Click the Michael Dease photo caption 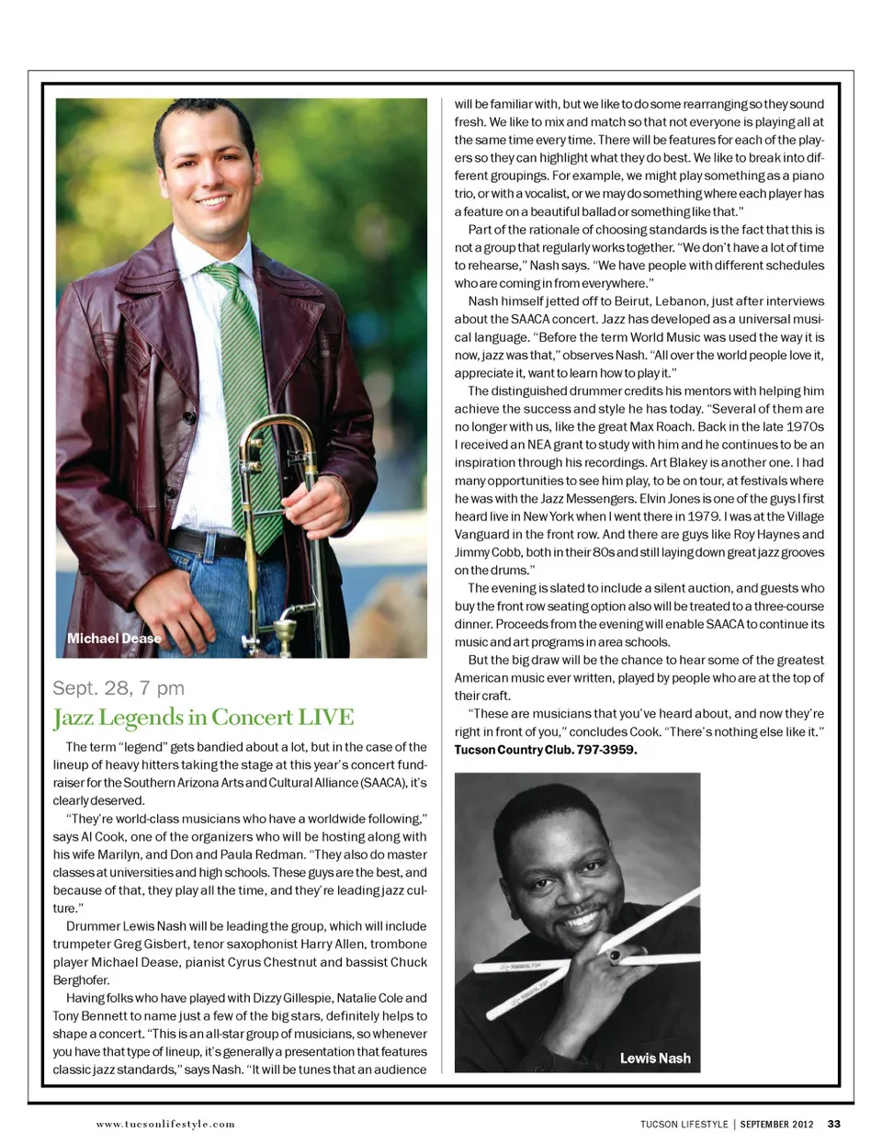pyautogui.click(x=114, y=639)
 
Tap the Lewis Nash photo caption pyautogui.click(x=655, y=1058)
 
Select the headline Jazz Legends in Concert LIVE pyautogui.click(x=203, y=717)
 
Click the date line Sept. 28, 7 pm pyautogui.click(x=119, y=687)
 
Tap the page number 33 pyautogui.click(x=834, y=1123)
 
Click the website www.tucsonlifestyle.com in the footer pyautogui.click(x=165, y=1123)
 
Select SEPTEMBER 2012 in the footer pyautogui.click(x=776, y=1123)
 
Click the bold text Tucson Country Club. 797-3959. pyautogui.click(x=546, y=749)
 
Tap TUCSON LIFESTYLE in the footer pyautogui.click(x=684, y=1123)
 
